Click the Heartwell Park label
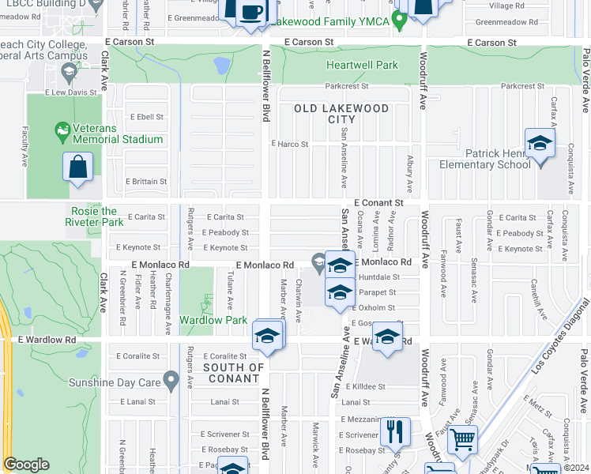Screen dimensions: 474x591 [363, 65]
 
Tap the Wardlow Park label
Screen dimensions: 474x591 [213, 320]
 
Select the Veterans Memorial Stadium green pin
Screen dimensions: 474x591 [62, 129]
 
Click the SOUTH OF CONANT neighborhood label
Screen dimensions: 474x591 [234, 373]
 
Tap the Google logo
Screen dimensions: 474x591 [26, 465]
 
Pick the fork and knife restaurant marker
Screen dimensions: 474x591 [394, 432]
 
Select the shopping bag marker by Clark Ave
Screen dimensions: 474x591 [77, 167]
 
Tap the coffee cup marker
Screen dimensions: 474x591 [252, 13]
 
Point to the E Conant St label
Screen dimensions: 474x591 [378, 203]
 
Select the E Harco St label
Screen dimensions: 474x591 [289, 145]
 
